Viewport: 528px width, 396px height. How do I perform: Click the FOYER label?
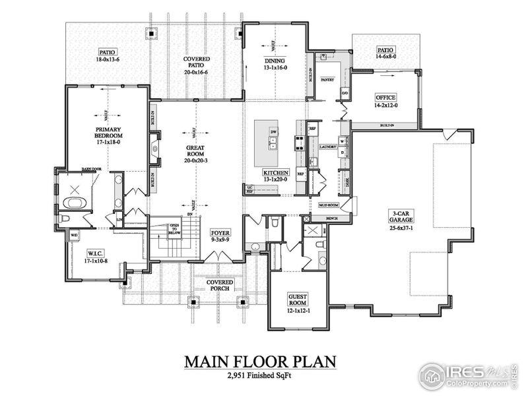click(220, 234)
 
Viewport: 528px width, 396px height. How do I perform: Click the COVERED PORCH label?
click(219, 284)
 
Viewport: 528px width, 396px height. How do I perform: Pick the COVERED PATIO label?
click(196, 63)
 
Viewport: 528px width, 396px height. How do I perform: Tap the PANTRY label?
click(327, 80)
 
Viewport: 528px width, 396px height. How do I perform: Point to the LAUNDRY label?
click(327, 147)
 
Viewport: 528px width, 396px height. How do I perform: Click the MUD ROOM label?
click(328, 206)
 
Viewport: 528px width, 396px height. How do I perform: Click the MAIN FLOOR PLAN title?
click(260, 362)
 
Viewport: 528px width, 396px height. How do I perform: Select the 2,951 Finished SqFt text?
click(260, 378)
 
